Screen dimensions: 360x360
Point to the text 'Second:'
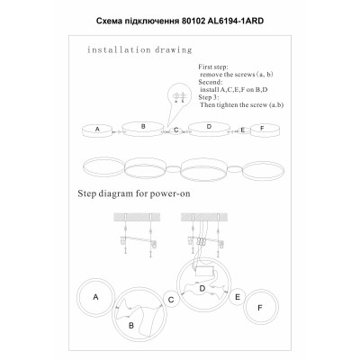tap(212, 82)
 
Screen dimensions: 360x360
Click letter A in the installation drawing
tap(96, 130)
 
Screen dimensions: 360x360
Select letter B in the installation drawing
tap(142, 127)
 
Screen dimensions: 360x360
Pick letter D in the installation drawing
tap(208, 127)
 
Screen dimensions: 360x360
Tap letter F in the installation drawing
tap(262, 130)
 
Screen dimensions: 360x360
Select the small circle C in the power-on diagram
tap(171, 299)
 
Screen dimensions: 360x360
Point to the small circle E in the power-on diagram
tap(238, 296)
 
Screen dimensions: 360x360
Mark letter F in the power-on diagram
tap(260, 309)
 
